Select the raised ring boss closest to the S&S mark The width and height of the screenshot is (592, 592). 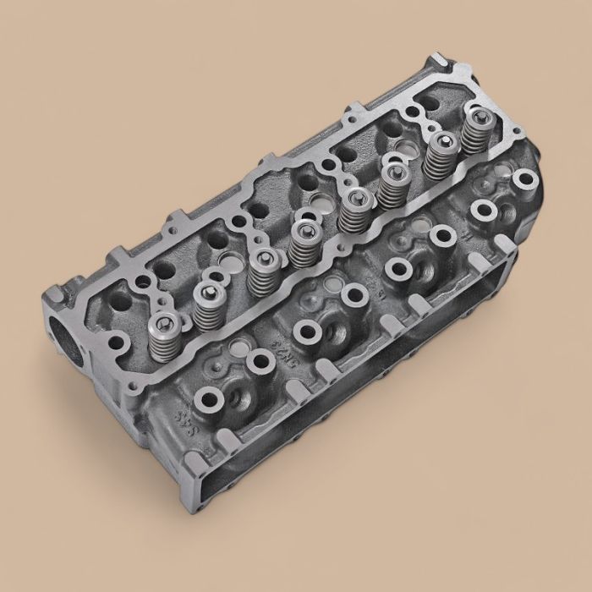tap(207, 397)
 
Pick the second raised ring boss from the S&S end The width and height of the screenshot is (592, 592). tap(257, 365)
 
